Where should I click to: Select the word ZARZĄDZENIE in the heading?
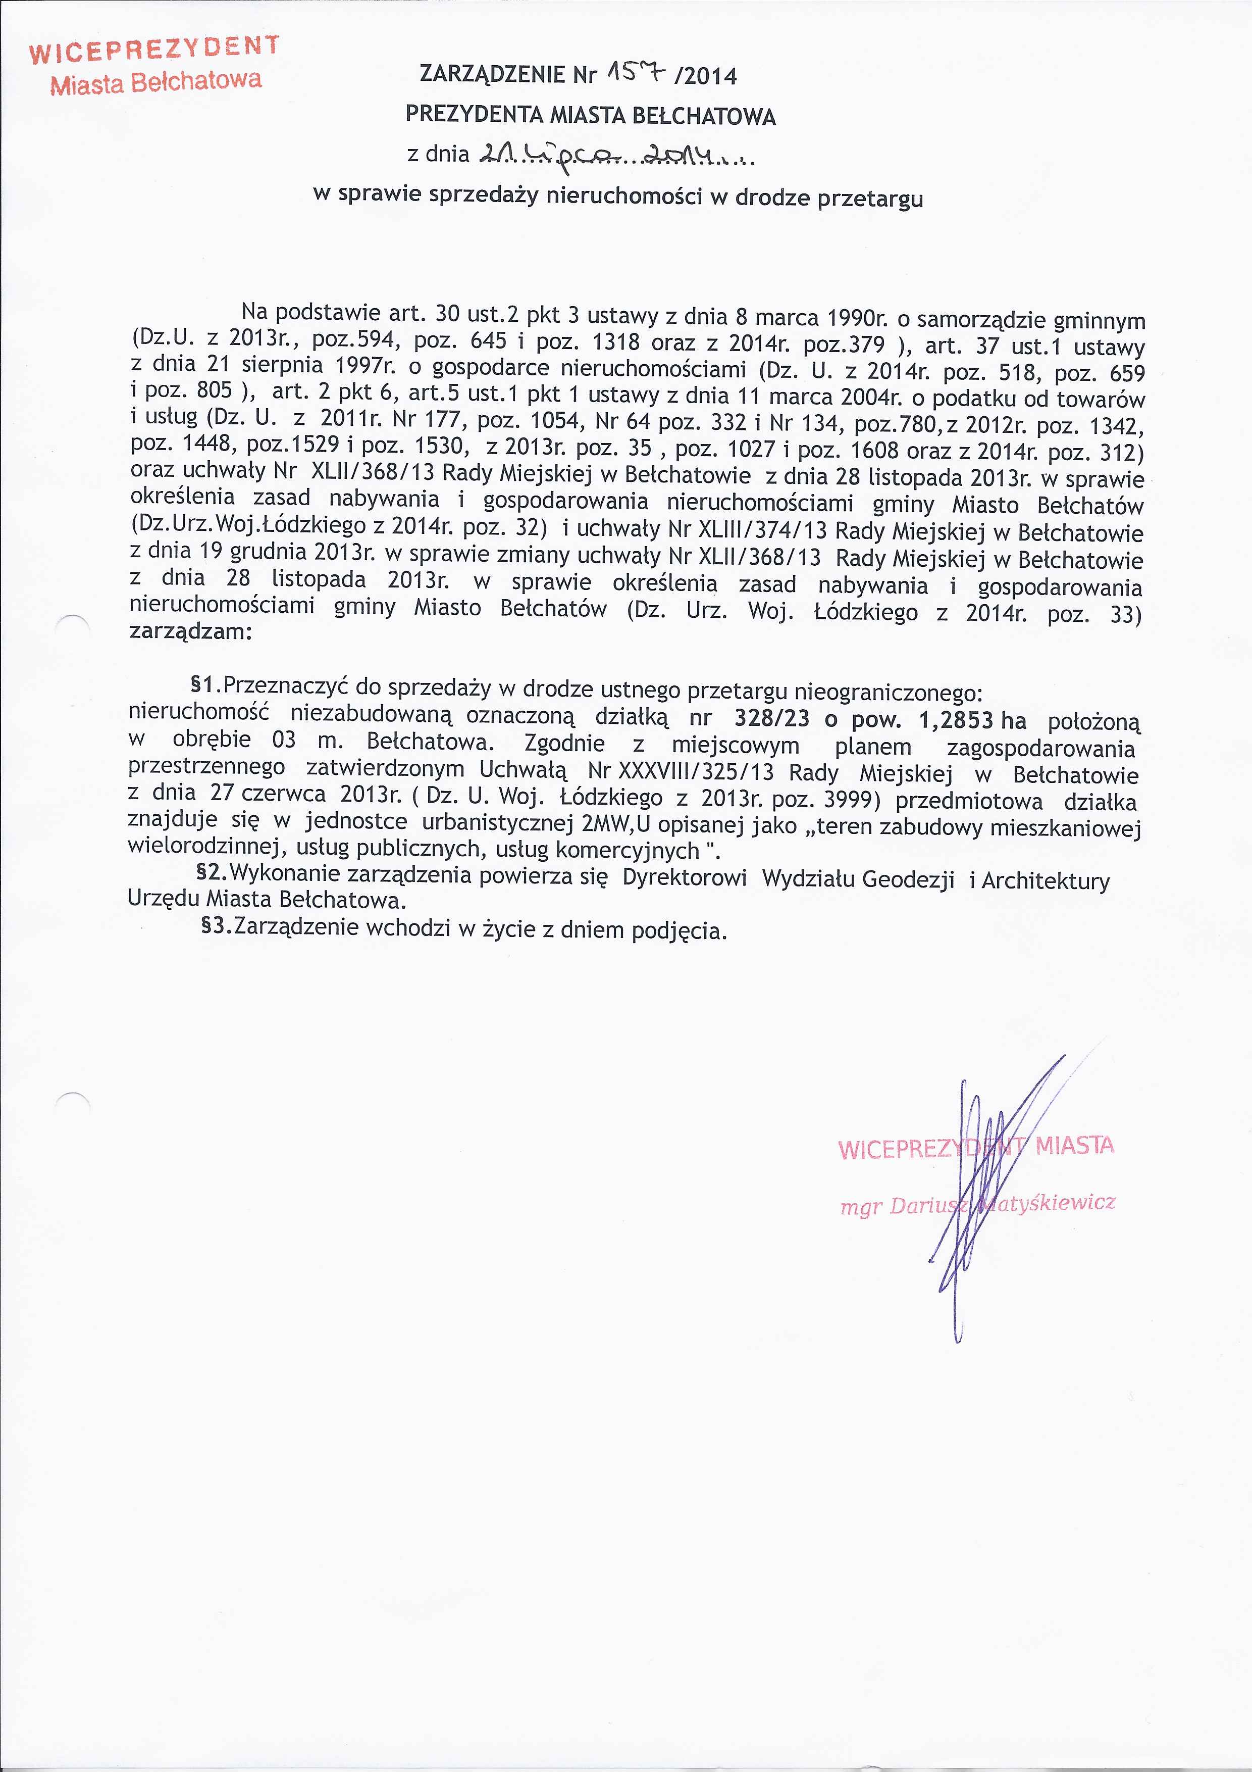coord(494,74)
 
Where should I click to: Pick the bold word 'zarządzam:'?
coord(190,631)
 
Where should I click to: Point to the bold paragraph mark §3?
coord(216,925)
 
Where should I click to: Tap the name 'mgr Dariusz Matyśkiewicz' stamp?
coord(977,1204)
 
